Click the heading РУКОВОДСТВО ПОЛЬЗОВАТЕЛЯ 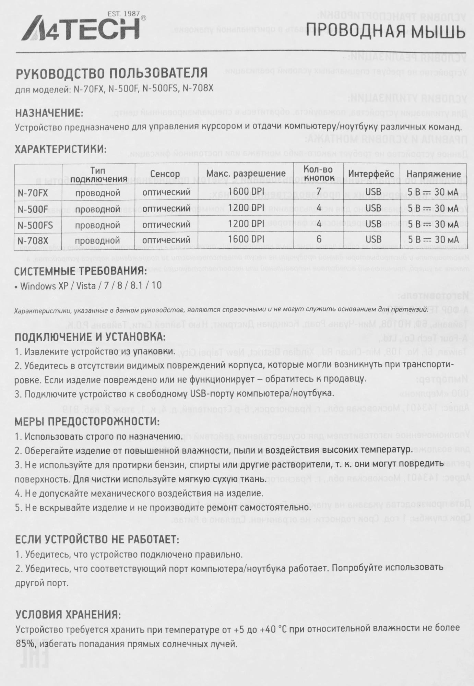111,73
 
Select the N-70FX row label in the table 33,193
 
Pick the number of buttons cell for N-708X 319,239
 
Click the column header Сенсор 165,174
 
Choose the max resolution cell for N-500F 246,208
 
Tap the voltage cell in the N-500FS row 433,224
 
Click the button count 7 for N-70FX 319,191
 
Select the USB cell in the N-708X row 373,239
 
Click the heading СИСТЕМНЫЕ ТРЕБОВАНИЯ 81,271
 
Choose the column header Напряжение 434,174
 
